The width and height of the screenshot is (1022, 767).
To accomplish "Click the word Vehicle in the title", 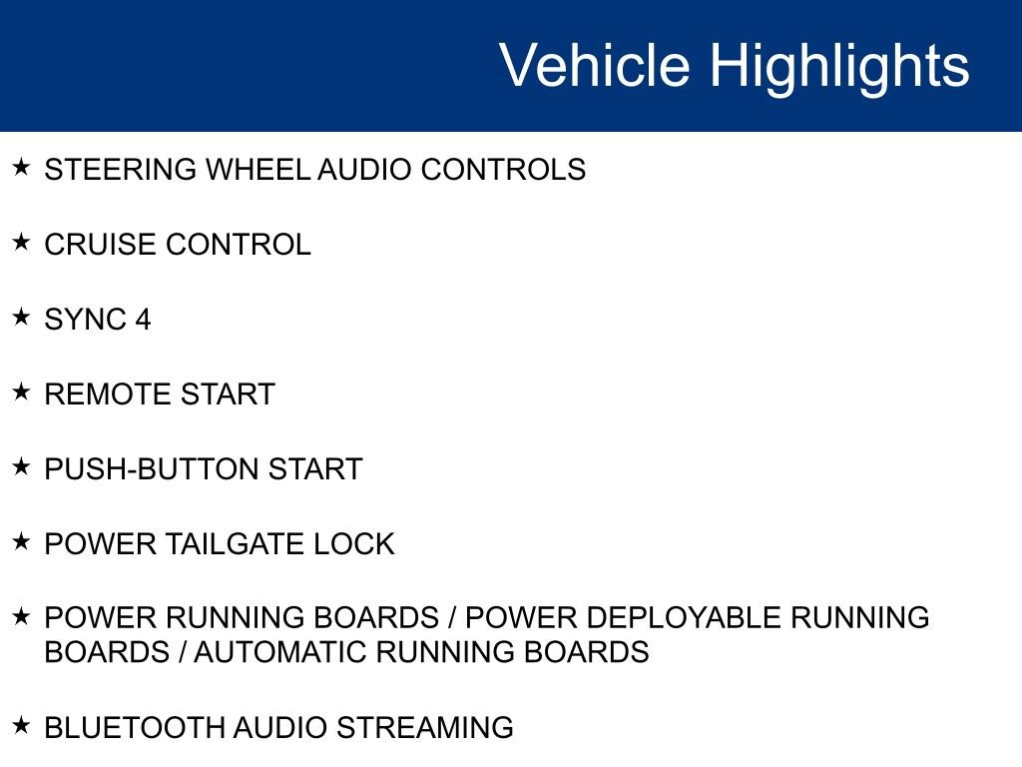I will (x=594, y=66).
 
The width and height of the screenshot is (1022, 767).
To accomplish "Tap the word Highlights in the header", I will (x=839, y=66).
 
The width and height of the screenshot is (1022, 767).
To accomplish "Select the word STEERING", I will (x=121, y=170).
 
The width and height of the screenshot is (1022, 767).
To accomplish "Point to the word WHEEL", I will (x=257, y=170).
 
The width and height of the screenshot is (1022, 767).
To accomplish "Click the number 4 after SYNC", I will (x=143, y=320).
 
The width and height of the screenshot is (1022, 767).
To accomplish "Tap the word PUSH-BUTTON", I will (x=151, y=469).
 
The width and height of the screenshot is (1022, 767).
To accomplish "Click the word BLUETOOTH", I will (x=135, y=727).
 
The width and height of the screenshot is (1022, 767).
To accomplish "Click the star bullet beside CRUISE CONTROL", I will (x=21, y=243).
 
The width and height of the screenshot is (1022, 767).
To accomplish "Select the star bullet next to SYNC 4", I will (x=21, y=318).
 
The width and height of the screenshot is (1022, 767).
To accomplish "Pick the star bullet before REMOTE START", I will (x=21, y=392).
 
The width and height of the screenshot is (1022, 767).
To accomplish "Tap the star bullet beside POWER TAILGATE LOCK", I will (x=21, y=542).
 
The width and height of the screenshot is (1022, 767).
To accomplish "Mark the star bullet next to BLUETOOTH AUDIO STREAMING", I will (x=21, y=725).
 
